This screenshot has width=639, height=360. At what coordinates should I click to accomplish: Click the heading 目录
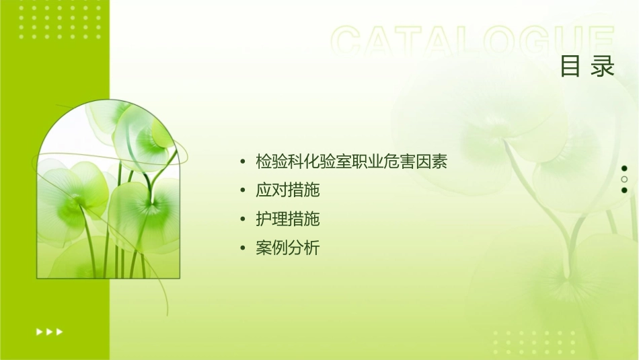pyautogui.click(x=588, y=67)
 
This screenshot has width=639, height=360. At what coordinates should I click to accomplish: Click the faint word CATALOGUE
pyautogui.click(x=472, y=42)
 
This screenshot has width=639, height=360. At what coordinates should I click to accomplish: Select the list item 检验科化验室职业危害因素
pyautogui.click(x=352, y=161)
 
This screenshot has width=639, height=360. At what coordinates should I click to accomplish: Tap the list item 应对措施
pyautogui.click(x=288, y=190)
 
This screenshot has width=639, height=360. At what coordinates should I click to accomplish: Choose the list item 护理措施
pyautogui.click(x=288, y=219)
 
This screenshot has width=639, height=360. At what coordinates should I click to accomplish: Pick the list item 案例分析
pyautogui.click(x=288, y=248)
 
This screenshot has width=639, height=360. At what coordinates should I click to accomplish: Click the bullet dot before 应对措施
pyautogui.click(x=243, y=191)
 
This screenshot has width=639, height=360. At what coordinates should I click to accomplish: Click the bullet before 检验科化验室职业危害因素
pyautogui.click(x=243, y=162)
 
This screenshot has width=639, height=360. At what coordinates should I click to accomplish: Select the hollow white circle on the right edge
pyautogui.click(x=624, y=179)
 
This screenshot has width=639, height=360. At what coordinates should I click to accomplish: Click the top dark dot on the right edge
pyautogui.click(x=624, y=168)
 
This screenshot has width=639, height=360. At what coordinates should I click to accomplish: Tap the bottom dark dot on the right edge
pyautogui.click(x=624, y=190)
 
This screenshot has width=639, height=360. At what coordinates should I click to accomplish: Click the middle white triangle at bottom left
pyautogui.click(x=49, y=331)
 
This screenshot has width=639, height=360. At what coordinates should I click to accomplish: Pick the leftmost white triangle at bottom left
pyautogui.click(x=39, y=331)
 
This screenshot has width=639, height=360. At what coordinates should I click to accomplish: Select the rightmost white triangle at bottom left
pyautogui.click(x=59, y=331)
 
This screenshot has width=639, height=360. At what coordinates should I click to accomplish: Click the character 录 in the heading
pyautogui.click(x=603, y=67)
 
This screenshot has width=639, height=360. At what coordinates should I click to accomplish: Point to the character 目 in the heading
pyautogui.click(x=570, y=67)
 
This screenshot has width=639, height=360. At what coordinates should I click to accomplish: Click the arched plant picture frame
pyautogui.click(x=108, y=192)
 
